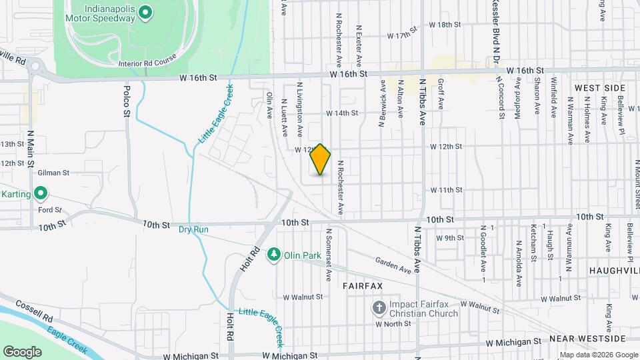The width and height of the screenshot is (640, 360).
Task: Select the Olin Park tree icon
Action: tap(273, 254)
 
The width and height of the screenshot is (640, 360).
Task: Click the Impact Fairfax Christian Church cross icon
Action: tap(379, 307)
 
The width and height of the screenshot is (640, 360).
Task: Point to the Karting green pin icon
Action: tap(41, 194)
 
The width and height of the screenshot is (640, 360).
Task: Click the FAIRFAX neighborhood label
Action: tap(363, 285)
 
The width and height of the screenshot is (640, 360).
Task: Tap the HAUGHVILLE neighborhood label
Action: tap(614, 271)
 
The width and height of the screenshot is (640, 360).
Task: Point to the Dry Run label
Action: tap(193, 229)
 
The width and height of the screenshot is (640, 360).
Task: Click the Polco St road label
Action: tap(126, 99)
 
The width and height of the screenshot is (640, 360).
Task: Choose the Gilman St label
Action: tap(53, 173)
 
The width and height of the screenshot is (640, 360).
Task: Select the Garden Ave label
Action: tap(393, 264)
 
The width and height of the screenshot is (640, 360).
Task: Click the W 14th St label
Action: tap(342, 113)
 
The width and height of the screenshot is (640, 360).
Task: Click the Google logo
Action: tap(22, 351)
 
